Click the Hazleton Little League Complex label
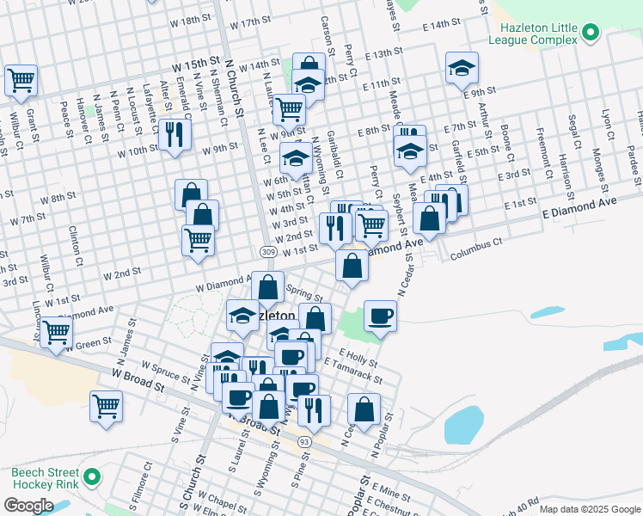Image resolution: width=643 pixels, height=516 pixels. [x=532, y=34]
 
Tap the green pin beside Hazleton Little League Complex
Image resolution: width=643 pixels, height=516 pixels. [x=590, y=34]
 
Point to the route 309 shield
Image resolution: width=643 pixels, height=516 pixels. [x=267, y=250]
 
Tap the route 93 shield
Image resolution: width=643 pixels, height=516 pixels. [x=304, y=440]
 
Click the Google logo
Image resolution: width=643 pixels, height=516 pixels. [x=28, y=505]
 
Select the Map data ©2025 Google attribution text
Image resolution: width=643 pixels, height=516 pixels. [x=590, y=510]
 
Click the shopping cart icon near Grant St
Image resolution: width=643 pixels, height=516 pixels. [x=21, y=80]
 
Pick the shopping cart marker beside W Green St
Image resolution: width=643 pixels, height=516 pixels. [x=56, y=331]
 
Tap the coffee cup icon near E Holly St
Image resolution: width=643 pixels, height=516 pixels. [x=380, y=316]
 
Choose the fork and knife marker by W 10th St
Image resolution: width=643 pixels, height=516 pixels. [x=175, y=133]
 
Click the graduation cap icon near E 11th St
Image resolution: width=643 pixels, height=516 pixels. [x=462, y=67]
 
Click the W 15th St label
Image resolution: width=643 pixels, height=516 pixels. [x=196, y=64]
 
